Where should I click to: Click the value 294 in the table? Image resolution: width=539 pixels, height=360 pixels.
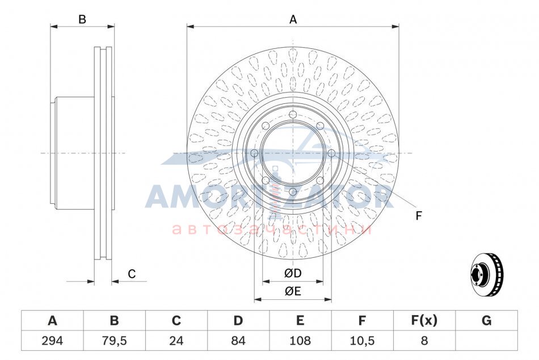click(x=52, y=341)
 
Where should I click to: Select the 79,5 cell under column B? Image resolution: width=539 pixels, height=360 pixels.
click(x=115, y=341)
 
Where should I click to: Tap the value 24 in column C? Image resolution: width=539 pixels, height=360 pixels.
click(x=176, y=341)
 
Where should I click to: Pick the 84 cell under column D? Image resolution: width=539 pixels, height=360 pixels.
click(x=238, y=341)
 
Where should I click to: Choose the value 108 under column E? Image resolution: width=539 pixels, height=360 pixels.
click(x=300, y=341)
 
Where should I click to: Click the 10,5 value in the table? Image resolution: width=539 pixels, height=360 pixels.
click(x=362, y=341)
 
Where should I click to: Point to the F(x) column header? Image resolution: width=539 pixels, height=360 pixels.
click(x=424, y=320)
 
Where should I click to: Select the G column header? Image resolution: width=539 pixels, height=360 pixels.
click(x=486, y=320)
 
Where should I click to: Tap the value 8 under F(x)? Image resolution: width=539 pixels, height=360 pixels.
click(x=424, y=341)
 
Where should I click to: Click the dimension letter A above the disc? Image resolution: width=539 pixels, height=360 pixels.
click(x=293, y=20)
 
